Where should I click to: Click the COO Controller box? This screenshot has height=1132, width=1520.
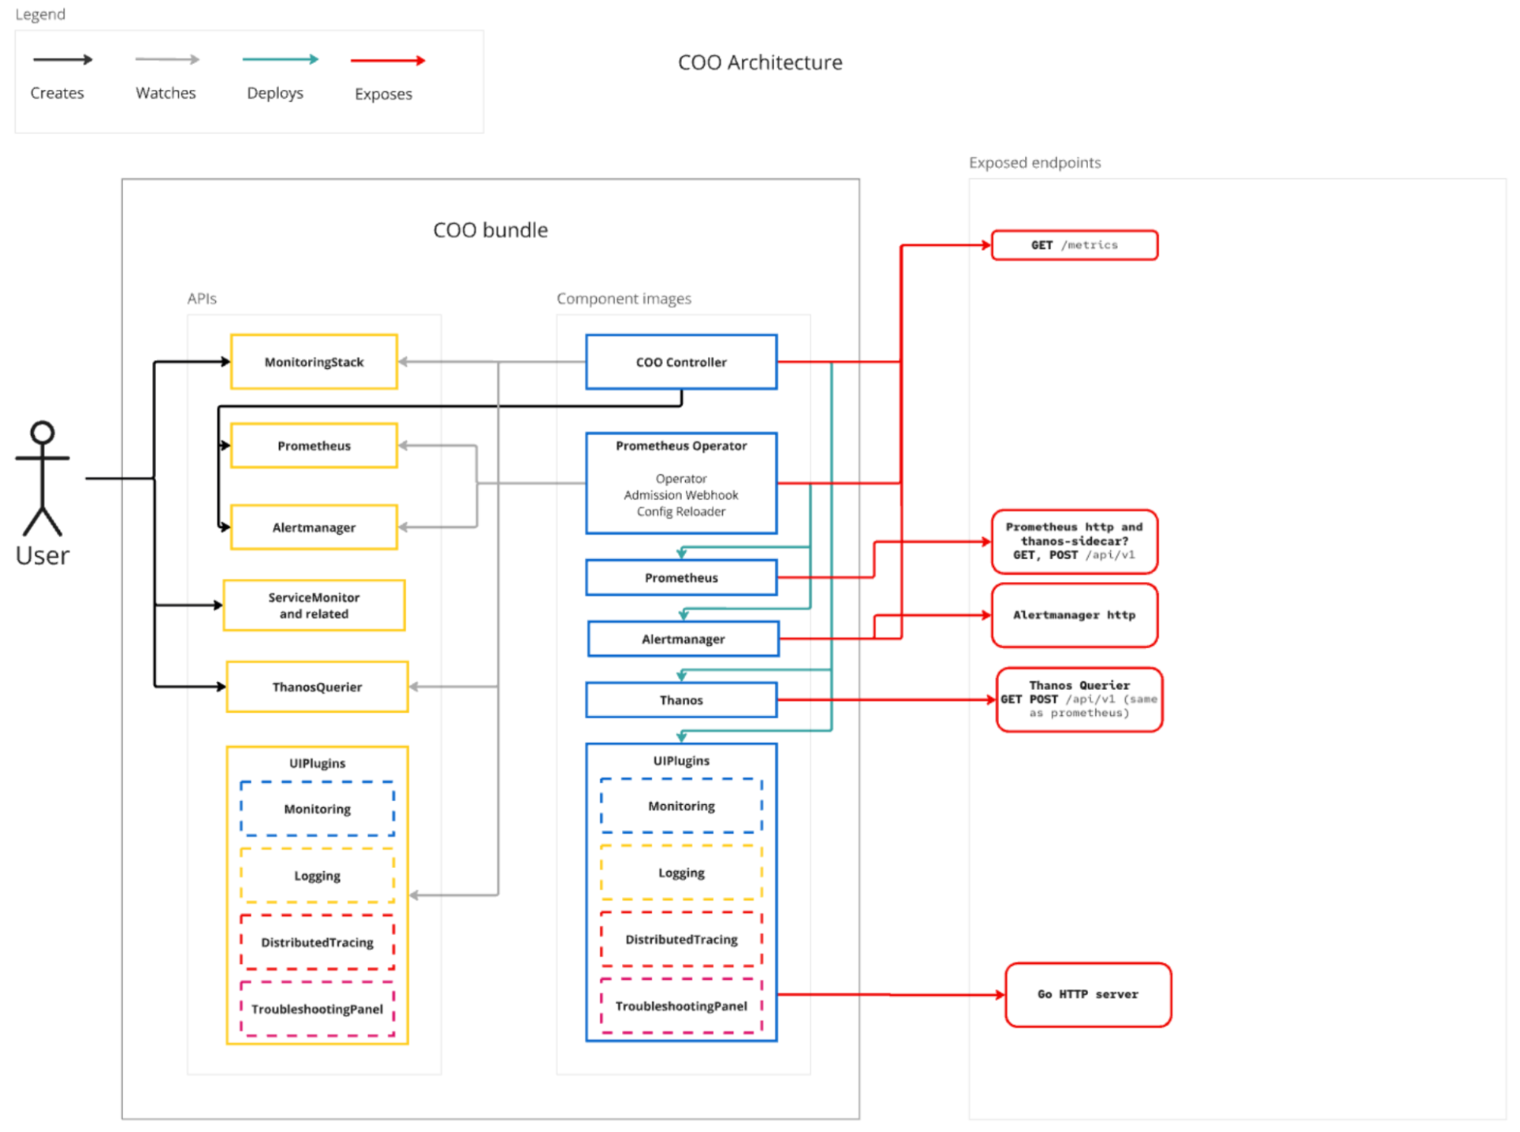(681, 362)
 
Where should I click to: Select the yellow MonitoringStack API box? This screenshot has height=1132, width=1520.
(313, 362)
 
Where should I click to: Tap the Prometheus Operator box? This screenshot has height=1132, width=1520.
(681, 482)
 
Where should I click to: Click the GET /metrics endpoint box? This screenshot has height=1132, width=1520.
(1074, 245)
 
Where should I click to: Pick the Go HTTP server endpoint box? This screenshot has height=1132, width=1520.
(1087, 994)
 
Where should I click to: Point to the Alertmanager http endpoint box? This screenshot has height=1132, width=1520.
(1074, 615)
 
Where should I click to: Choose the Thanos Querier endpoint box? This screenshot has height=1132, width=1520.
(1079, 699)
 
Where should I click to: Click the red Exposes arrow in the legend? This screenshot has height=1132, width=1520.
(387, 61)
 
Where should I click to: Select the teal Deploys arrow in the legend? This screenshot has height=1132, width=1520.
(279, 59)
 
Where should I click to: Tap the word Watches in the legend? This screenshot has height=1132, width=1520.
(166, 93)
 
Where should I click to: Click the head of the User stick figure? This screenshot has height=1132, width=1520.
(43, 432)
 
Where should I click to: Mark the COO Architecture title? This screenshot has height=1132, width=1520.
(760, 62)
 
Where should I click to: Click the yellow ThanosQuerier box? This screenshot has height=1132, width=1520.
(317, 687)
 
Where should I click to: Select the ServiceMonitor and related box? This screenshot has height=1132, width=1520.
(313, 606)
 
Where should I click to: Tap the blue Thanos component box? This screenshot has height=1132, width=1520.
(681, 700)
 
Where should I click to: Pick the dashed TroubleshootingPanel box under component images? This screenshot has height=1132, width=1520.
(681, 1006)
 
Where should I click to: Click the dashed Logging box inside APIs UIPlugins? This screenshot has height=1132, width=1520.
(317, 876)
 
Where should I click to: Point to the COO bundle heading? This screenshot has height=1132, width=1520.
(490, 230)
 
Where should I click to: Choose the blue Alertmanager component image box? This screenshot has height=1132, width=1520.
(683, 639)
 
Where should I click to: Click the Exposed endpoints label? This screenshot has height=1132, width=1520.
(1034, 163)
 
